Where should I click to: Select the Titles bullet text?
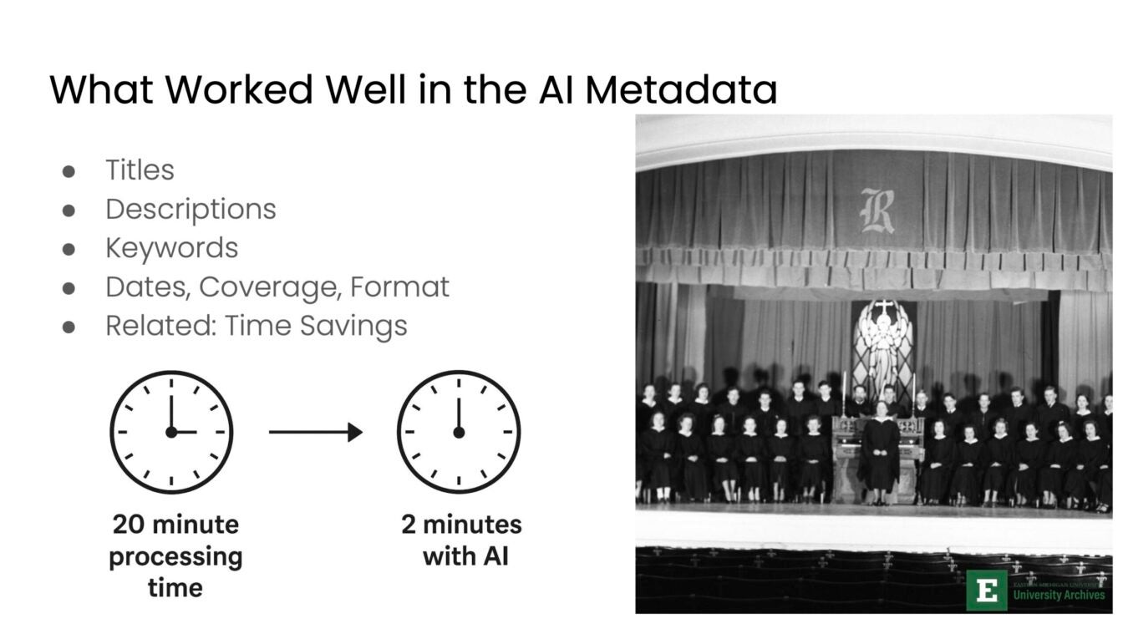(140, 170)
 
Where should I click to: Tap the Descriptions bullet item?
(191, 209)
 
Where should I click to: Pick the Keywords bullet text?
(171, 248)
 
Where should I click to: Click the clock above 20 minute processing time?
(171, 432)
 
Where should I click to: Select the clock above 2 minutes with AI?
(458, 432)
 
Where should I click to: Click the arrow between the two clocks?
(315, 432)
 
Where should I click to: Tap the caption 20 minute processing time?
(175, 556)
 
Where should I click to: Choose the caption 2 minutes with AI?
(461, 540)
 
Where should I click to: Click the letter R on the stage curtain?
(876, 210)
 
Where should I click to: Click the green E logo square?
(987, 591)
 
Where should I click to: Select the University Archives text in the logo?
(1059, 595)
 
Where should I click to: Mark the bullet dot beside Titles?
(69, 170)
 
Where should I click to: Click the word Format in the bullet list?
(399, 287)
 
